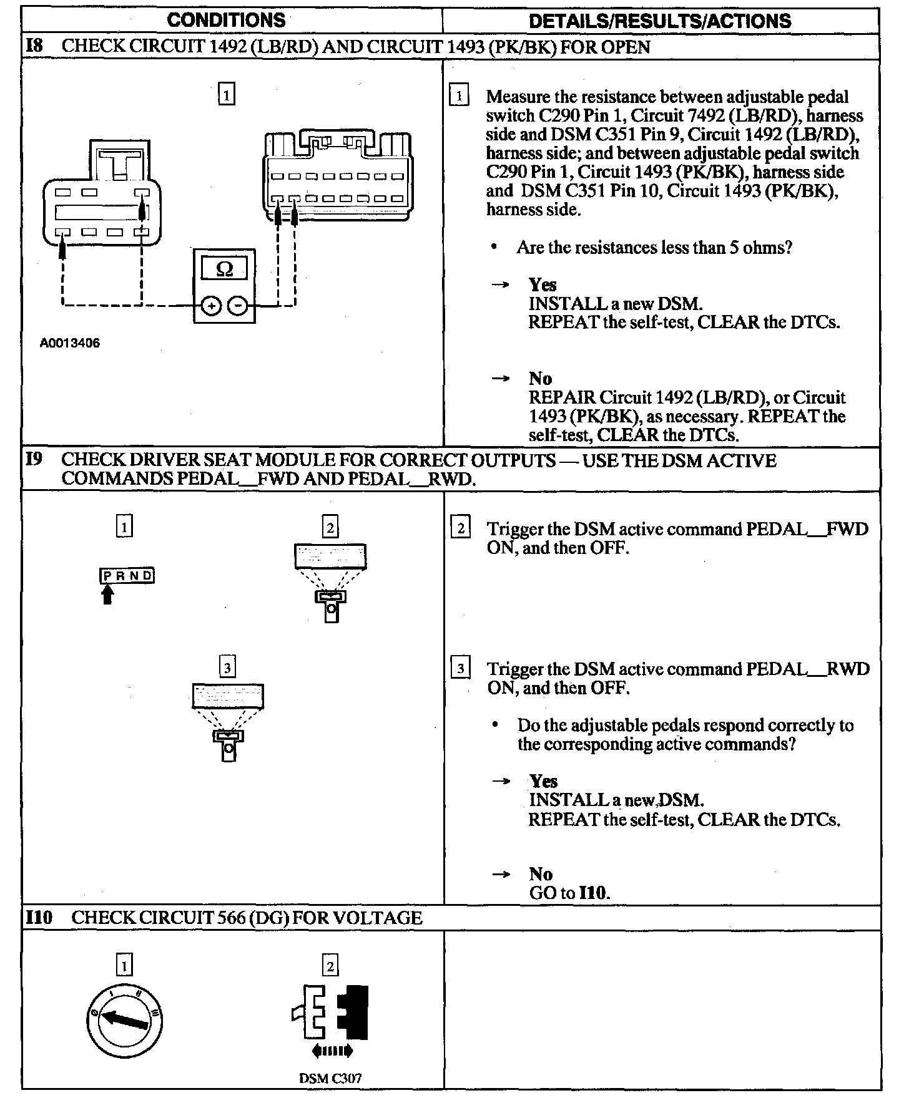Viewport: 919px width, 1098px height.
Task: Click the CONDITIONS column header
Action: tap(226, 20)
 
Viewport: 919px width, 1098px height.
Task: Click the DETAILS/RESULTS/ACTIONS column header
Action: tap(660, 21)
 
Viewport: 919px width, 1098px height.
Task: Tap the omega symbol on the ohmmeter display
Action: tap(224, 269)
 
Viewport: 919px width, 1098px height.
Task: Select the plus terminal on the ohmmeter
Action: tap(212, 306)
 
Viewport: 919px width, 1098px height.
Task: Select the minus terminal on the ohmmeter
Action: tap(237, 306)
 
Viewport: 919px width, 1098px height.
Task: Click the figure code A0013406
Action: tap(70, 343)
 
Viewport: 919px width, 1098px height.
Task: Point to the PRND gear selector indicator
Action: tap(127, 575)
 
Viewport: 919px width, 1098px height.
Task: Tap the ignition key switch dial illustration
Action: tap(124, 1020)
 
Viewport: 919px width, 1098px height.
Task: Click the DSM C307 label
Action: tap(330, 1078)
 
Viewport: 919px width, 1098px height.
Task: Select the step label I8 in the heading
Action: tap(35, 46)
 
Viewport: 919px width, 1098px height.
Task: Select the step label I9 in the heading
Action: tap(34, 460)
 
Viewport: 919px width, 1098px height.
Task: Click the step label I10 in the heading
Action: tap(39, 918)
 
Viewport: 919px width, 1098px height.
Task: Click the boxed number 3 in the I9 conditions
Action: tap(227, 668)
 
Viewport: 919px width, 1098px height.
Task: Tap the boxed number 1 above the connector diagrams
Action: tap(227, 95)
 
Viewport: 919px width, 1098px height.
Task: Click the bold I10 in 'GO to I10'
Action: tap(593, 893)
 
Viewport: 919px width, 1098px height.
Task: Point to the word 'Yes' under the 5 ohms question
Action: tap(543, 285)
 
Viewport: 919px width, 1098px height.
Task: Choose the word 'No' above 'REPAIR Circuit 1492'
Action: tap(541, 379)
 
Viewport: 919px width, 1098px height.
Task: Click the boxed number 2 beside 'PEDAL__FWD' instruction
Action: tap(460, 529)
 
